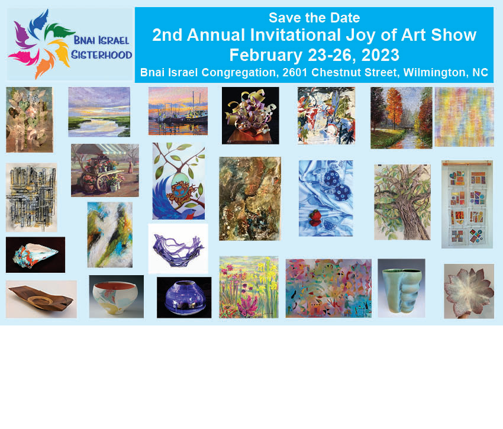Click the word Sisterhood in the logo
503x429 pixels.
point(101,55)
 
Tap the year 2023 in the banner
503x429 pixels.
point(381,55)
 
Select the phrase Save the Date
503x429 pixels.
point(314,18)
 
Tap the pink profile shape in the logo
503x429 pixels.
point(24,57)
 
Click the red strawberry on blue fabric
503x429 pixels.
point(315,218)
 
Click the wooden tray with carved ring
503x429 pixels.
point(41,299)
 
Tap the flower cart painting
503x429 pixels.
point(105,170)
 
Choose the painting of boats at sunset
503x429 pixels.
point(178,111)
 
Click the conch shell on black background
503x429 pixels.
point(36,255)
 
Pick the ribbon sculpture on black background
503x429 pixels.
point(250,115)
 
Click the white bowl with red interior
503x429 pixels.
point(115,298)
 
